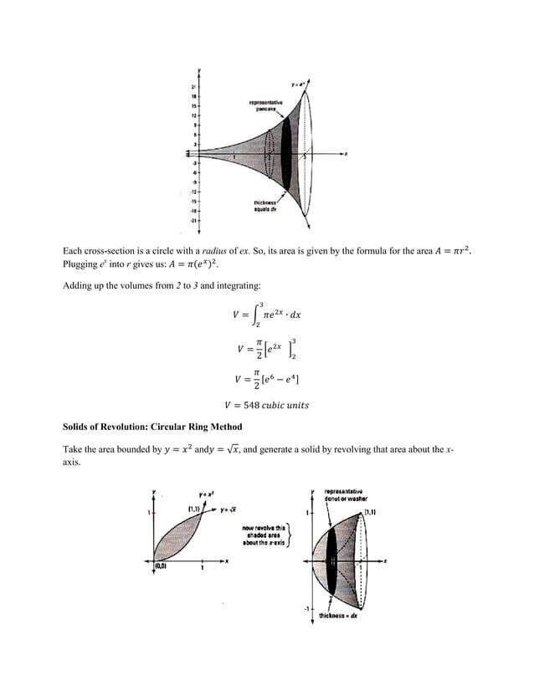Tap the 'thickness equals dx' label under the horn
[x=267, y=206]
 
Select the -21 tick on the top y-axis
[x=193, y=220]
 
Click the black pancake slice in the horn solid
[x=286, y=154]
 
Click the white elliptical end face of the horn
[x=308, y=154]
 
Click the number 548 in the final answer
[x=254, y=405]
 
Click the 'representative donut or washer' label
[x=343, y=494]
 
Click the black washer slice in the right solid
[x=333, y=561]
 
